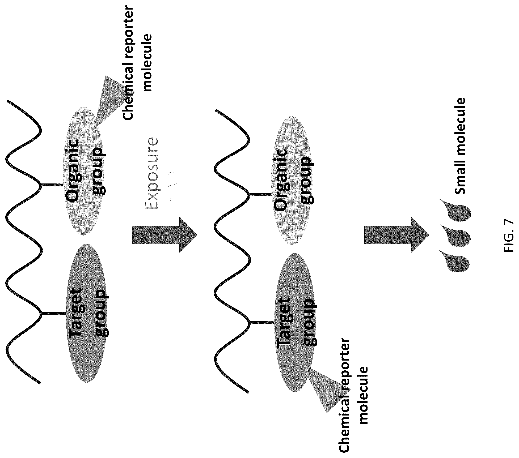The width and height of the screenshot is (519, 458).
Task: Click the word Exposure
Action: point(151,173)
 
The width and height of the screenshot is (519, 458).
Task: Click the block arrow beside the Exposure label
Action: point(165,234)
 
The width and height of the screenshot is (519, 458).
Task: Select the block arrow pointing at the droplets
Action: point(396,234)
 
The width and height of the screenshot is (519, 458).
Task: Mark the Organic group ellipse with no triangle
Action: point(292,180)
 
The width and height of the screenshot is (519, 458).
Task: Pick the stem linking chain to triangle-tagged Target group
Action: point(262,323)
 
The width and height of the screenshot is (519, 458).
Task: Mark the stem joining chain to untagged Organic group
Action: point(261,194)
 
